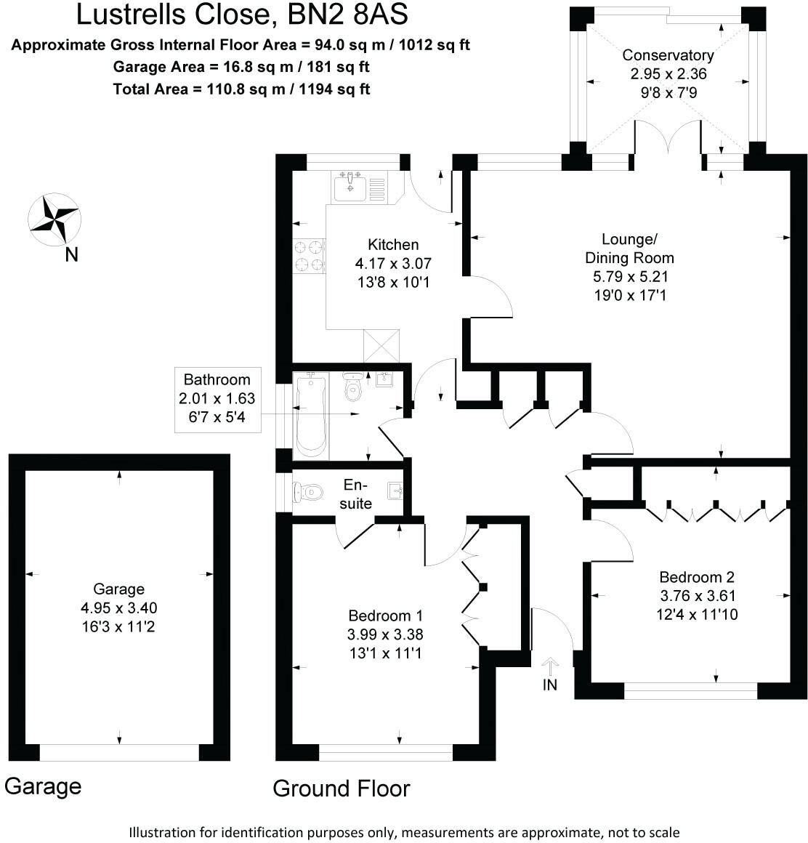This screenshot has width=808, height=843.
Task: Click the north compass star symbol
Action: (x=54, y=219)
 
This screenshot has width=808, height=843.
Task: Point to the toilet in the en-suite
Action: (x=307, y=493)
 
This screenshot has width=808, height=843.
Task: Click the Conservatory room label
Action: (x=668, y=55)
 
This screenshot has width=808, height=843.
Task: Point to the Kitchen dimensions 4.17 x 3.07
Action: (x=394, y=263)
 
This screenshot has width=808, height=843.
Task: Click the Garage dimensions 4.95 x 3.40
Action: (x=119, y=608)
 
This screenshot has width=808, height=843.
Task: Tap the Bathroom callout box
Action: (x=217, y=400)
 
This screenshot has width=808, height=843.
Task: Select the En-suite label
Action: (x=356, y=494)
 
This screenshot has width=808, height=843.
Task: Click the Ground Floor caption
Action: (x=342, y=788)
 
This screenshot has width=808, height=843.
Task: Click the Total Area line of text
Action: (x=241, y=89)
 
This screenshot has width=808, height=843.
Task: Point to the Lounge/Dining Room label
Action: (x=629, y=248)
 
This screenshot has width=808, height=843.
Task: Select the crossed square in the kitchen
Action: (x=382, y=344)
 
